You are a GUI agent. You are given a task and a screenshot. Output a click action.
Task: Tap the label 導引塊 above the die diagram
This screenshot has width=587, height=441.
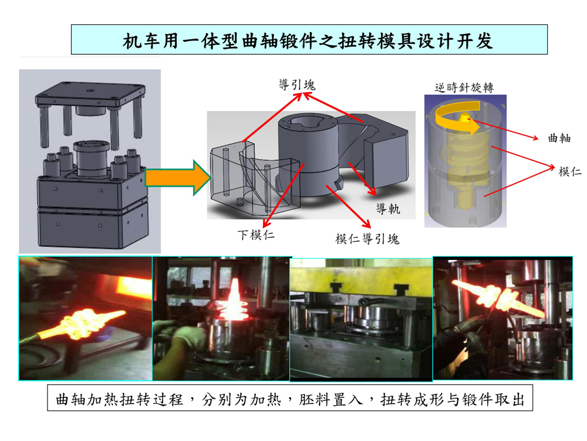[x=297, y=85]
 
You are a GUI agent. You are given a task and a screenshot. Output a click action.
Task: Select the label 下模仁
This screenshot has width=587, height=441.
[x=256, y=235]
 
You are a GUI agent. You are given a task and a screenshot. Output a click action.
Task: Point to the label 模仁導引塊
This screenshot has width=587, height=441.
[x=367, y=238]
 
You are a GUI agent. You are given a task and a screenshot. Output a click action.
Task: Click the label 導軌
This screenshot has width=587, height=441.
[x=388, y=208]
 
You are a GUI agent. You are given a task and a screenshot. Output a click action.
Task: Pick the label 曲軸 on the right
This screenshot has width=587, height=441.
[x=560, y=138]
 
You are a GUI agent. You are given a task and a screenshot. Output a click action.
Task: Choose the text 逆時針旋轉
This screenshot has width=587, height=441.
[x=464, y=88]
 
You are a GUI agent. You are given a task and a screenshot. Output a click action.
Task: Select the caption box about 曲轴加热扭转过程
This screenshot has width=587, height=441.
[x=290, y=399]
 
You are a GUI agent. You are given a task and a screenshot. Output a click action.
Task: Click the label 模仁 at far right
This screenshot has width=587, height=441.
[x=569, y=171]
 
